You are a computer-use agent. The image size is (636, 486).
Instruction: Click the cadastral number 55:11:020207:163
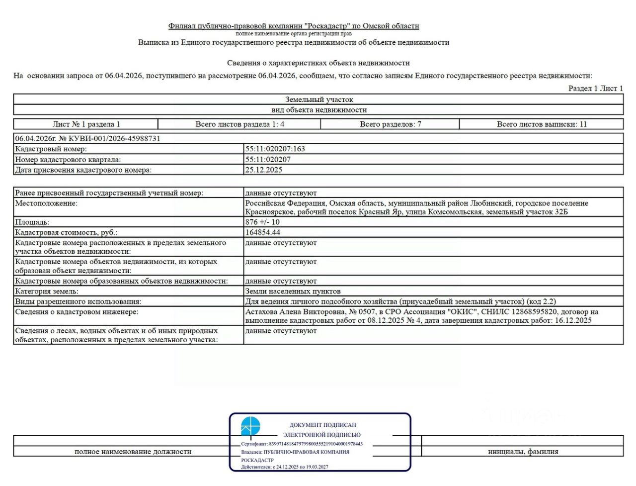[275, 149]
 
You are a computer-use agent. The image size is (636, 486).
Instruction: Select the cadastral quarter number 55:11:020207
[268, 160]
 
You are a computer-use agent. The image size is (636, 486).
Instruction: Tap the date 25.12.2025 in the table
[263, 170]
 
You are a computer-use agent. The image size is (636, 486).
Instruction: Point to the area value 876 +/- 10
[262, 222]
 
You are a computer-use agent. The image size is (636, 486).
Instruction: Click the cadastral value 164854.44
[262, 232]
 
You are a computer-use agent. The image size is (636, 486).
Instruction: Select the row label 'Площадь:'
[32, 222]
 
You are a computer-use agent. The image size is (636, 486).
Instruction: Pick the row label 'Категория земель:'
[47, 291]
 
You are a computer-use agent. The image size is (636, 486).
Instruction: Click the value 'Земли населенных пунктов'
[293, 291]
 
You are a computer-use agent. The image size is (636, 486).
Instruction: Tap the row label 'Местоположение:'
[46, 203]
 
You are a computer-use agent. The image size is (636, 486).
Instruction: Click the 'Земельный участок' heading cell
[319, 99]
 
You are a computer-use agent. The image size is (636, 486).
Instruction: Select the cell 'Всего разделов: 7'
[390, 124]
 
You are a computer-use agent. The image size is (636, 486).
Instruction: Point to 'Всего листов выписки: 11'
[542, 124]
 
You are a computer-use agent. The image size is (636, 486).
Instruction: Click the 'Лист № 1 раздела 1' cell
[86, 124]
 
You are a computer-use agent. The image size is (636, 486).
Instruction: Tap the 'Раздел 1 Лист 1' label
[595, 88]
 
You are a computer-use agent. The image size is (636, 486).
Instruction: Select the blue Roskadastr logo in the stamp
[250, 426]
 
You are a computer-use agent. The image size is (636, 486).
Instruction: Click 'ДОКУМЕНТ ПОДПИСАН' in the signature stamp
[323, 425]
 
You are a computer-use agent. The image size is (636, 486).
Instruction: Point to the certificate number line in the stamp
[302, 444]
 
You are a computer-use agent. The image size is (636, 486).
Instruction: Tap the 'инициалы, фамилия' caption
[523, 452]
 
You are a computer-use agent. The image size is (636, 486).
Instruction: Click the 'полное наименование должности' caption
[133, 452]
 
